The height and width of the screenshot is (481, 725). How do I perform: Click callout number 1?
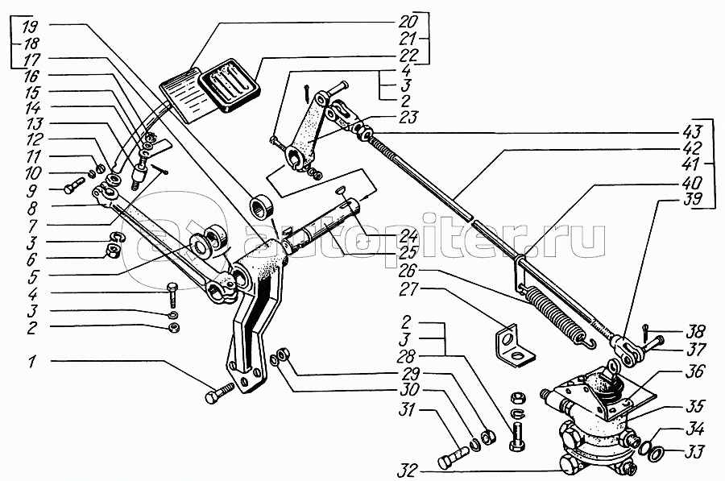pyautogui.click(x=31, y=362)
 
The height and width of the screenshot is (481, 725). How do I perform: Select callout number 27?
pyautogui.click(x=408, y=289)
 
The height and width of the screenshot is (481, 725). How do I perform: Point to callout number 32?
pyautogui.click(x=407, y=471)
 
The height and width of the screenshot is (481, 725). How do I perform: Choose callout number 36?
pyautogui.click(x=694, y=371)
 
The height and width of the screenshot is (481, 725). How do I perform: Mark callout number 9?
pyautogui.click(x=32, y=190)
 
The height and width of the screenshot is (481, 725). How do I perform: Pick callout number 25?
pyautogui.click(x=407, y=252)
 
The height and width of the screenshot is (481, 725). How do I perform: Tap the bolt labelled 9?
pyautogui.click(x=75, y=185)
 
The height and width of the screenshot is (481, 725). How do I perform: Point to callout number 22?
pyautogui.click(x=407, y=56)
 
